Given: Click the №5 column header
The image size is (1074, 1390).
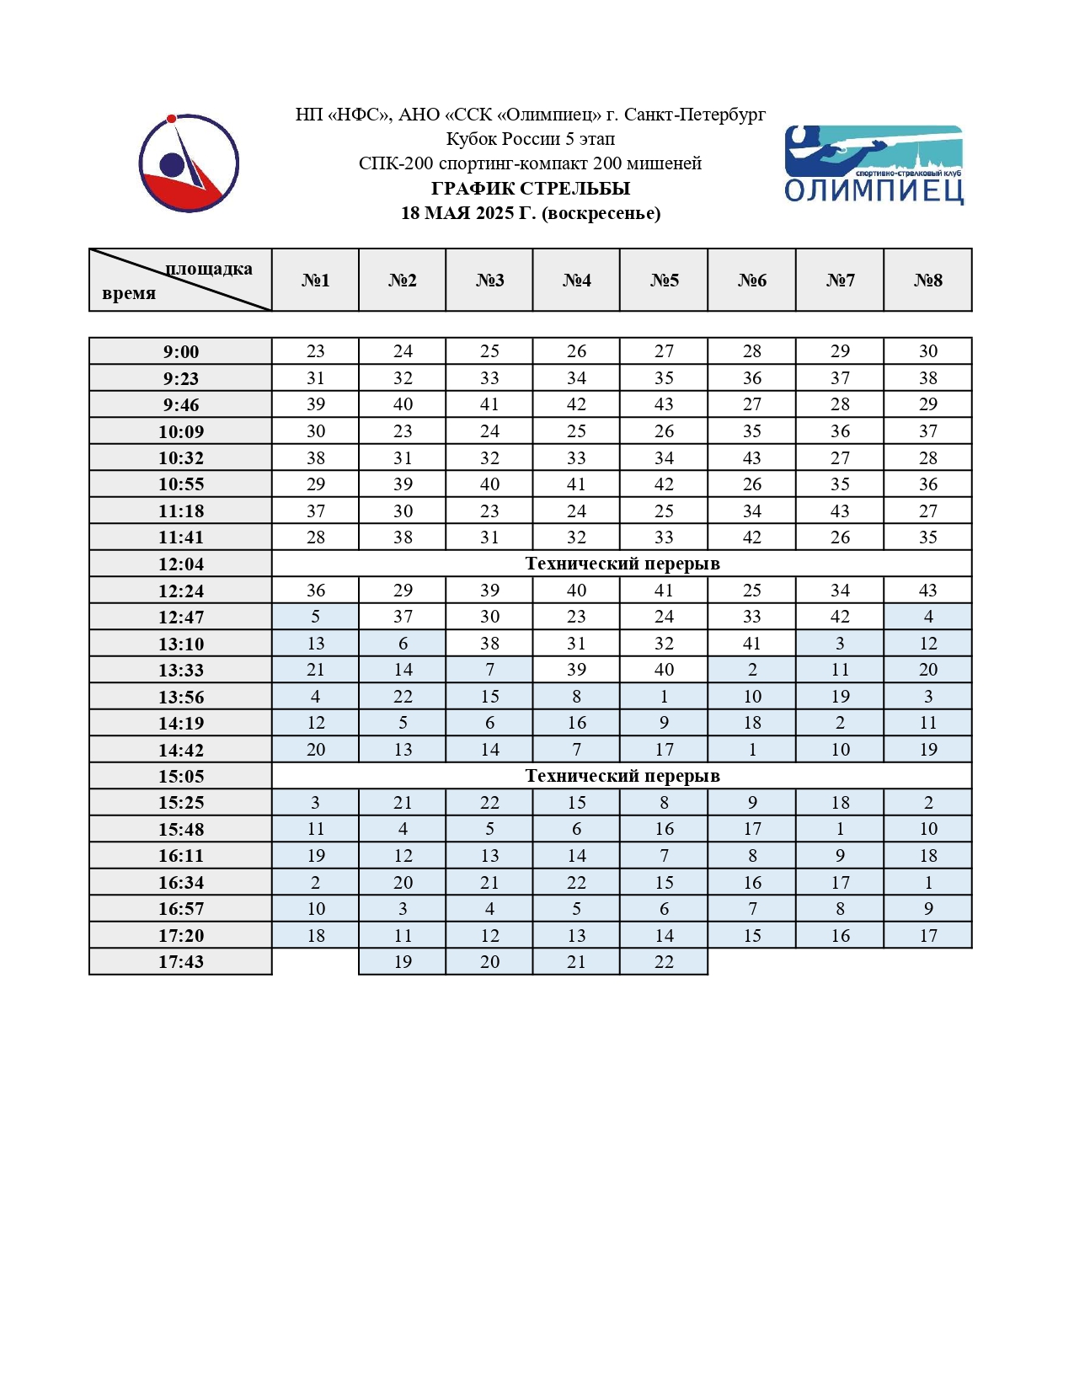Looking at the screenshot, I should tap(664, 281).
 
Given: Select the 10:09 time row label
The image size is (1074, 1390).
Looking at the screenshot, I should tap(181, 432).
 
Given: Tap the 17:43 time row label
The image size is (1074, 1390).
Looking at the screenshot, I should tap(181, 962).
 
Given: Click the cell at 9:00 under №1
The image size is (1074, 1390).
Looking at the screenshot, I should tap(316, 351).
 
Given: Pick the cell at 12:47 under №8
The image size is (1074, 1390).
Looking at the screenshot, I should tap(928, 617).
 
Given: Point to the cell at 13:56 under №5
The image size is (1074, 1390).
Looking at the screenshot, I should tap(664, 697).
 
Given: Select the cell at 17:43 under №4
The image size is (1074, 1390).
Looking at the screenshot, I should tap(576, 962).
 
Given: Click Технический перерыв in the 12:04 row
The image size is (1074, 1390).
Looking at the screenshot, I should tap(622, 564).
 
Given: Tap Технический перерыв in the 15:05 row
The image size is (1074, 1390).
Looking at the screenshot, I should tap(622, 776).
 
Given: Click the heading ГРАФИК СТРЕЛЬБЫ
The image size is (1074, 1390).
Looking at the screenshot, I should tap(531, 189).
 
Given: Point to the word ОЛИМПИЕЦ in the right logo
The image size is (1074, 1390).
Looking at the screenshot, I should tap(874, 191).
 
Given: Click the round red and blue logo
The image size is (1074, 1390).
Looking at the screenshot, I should tap(189, 163).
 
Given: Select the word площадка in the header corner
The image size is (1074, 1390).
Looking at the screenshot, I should tap(209, 269).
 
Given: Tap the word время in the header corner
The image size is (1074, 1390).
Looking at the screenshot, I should tap(129, 293).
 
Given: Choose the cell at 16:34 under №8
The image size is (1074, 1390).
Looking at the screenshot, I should tap(928, 882).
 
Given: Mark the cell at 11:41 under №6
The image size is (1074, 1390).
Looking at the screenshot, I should tap(752, 537).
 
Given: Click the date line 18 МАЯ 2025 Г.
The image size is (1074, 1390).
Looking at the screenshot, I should tap(531, 213).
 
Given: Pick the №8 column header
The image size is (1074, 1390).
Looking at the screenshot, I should tap(928, 281).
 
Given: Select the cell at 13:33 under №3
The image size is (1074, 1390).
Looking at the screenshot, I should tap(489, 670).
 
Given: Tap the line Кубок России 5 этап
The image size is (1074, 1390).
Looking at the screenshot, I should tap(531, 139).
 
